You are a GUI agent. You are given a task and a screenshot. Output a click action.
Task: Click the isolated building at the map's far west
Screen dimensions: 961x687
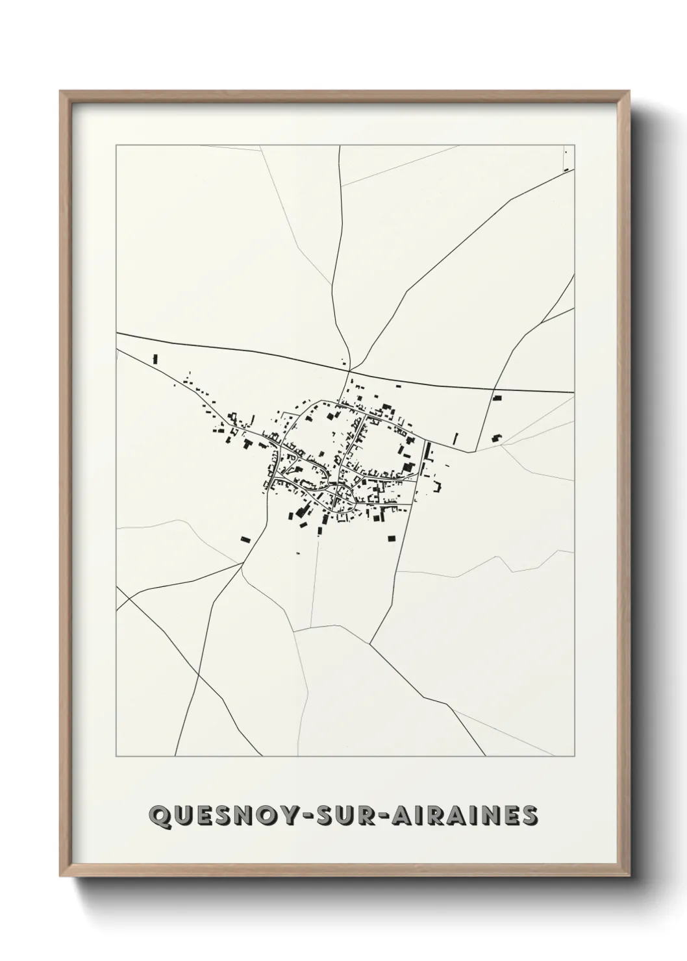155,358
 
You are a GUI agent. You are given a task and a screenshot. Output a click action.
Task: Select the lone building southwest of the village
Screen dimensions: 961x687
245,538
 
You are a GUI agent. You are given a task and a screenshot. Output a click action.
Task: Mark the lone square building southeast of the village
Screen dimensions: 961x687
392,538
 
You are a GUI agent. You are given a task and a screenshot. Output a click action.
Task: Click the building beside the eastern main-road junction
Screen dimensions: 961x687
497,397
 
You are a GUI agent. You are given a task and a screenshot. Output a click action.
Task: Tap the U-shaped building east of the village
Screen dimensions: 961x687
497,438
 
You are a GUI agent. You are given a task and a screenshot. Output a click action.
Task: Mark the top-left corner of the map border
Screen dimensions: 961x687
116,145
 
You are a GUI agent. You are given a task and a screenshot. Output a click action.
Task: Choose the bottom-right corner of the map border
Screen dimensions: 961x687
574,756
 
